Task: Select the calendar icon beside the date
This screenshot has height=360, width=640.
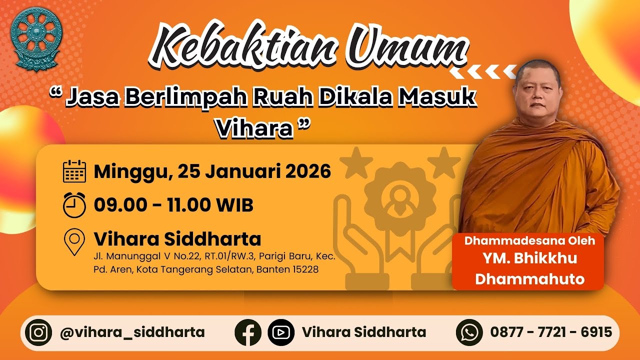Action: tap(75, 171)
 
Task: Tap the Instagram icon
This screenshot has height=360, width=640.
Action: tap(38, 332)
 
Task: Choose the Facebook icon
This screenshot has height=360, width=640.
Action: tap(248, 332)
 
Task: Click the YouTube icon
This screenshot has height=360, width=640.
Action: tap(281, 332)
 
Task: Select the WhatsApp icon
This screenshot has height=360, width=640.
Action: tap(469, 332)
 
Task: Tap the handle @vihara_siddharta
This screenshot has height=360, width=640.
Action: tap(132, 332)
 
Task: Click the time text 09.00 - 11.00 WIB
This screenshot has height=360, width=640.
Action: tap(173, 205)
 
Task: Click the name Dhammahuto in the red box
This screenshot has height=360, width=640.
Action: tap(529, 278)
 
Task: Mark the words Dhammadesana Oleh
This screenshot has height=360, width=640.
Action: tap(529, 240)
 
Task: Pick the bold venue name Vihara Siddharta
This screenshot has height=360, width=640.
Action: tap(177, 239)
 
